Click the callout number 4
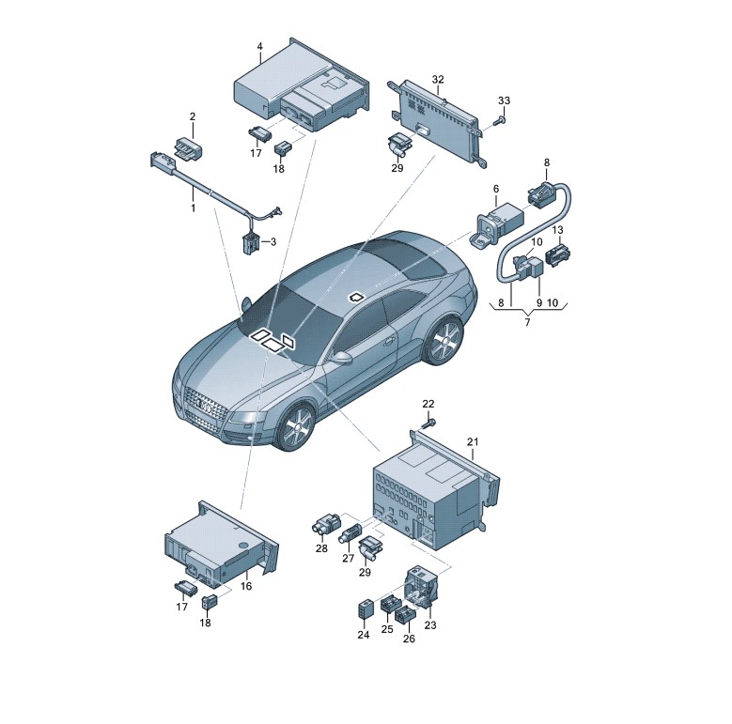coord(260,46)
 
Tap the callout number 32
coord(438,79)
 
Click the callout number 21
coord(473,441)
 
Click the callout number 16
coord(246,586)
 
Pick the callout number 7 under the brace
coord(527,322)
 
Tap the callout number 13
coord(558,230)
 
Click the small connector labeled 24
coord(365,610)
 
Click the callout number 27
coord(349,558)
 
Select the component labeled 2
coord(188,147)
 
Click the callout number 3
coord(273,241)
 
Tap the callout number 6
coord(496,189)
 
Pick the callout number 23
coord(430,624)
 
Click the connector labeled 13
coord(557,254)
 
